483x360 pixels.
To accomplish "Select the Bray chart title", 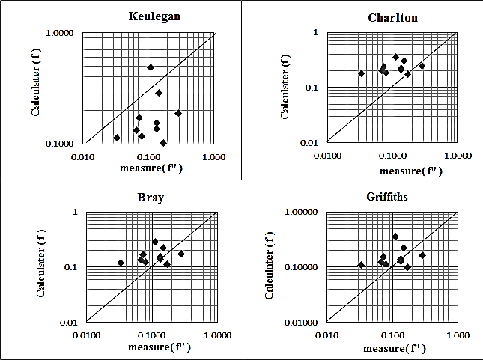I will pos(151,198).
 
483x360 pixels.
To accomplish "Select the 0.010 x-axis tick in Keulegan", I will pos(82,156).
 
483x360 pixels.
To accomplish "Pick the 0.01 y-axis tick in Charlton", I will pos(310,142).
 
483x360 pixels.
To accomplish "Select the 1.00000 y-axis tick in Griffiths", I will pos(301,212).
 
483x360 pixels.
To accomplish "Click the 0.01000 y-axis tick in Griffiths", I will pos(301,322).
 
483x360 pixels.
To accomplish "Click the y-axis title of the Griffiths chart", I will pos(269,266).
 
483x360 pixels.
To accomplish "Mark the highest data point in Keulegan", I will pos(151,67).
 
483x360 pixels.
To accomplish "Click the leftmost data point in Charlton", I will pos(361,73).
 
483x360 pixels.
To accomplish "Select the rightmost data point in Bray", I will pos(181,254).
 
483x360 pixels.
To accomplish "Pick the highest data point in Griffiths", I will pos(395,237).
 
